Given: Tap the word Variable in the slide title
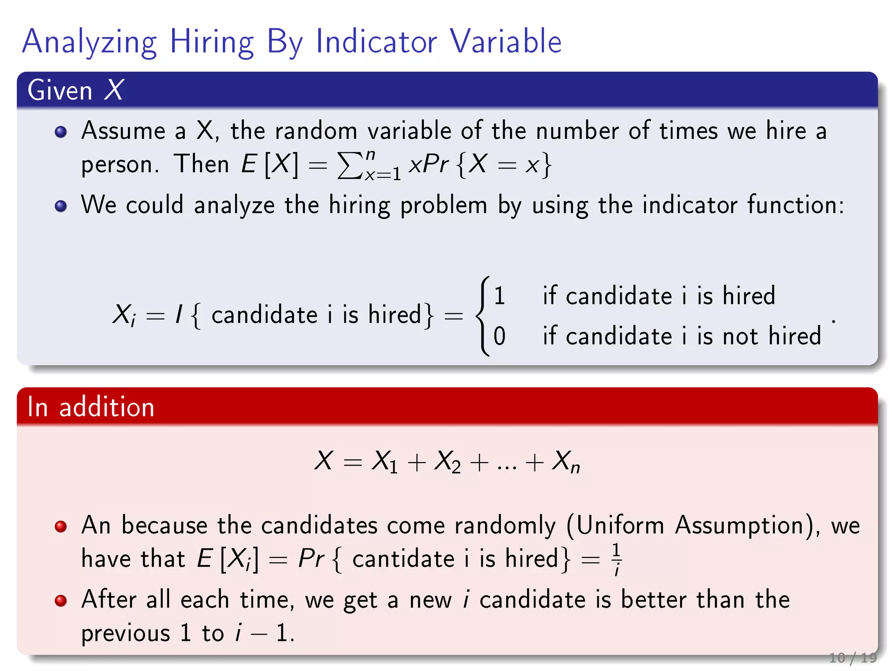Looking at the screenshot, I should (x=506, y=42).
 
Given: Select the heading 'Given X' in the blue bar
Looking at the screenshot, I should (x=76, y=90).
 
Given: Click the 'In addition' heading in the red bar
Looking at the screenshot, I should (x=91, y=407).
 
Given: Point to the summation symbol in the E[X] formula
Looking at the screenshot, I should (x=350, y=166).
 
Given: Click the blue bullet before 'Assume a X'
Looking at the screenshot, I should (x=61, y=131).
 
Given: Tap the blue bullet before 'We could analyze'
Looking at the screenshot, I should (x=61, y=206).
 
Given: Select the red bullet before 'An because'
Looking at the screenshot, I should (x=61, y=526).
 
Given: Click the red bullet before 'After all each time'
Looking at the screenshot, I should (x=61, y=601).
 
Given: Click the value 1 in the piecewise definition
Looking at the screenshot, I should (x=500, y=296).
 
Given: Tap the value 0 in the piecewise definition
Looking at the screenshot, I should (x=500, y=336).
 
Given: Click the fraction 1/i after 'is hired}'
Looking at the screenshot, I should (x=616, y=559).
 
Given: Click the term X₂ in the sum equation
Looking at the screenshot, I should (x=447, y=461).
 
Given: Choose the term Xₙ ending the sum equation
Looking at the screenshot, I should (x=565, y=461).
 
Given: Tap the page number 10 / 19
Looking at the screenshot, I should (x=853, y=657).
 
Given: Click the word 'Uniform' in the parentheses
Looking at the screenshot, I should (x=620, y=526).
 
